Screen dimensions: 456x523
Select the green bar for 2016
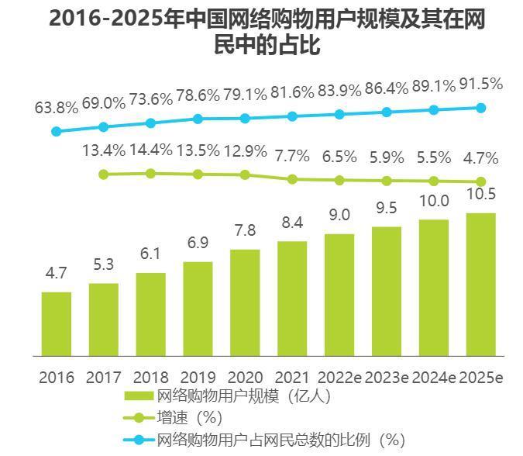(57, 324)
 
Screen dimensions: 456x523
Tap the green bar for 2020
(245, 302)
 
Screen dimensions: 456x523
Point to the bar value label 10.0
(434, 202)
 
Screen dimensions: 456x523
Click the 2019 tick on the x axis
(198, 378)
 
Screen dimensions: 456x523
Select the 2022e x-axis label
(339, 378)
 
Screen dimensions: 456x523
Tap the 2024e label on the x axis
(434, 378)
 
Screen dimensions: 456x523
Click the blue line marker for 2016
(56, 131)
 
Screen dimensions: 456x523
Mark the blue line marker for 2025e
(480, 108)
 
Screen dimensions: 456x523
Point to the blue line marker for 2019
(198, 119)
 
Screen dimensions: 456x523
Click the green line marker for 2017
(104, 174)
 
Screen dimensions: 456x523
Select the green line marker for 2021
(292, 179)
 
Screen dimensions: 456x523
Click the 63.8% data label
(57, 108)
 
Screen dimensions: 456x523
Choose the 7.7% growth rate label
(292, 157)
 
